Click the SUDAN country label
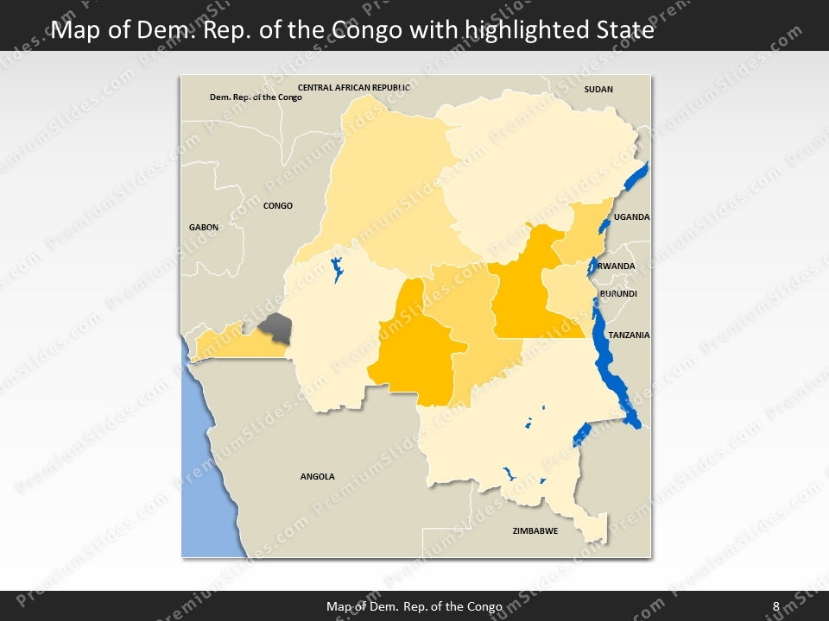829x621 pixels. pos(598,90)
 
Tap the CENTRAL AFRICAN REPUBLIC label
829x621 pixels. pos(354,88)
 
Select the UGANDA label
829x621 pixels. pos(632,217)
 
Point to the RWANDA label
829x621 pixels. pos(617,267)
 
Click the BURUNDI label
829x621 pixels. pos(618,294)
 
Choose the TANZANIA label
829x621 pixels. pos(629,335)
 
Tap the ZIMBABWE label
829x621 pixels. pos(535,530)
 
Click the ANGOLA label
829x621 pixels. pos(317,476)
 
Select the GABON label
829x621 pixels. pos(204,227)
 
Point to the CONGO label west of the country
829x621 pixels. pos(278,206)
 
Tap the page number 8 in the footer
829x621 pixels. pos(775,606)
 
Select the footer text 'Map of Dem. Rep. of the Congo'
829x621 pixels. pos(414,606)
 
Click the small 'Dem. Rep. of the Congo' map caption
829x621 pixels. pos(256,97)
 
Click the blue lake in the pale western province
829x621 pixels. pos(336,269)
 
